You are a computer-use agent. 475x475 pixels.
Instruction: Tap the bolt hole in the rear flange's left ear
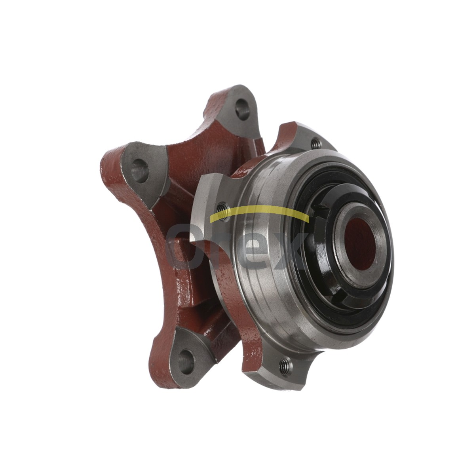pos(140,170)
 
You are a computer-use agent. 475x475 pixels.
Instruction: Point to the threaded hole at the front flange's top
pos(316,143)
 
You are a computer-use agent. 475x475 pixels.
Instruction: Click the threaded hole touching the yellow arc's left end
pos(222,211)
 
